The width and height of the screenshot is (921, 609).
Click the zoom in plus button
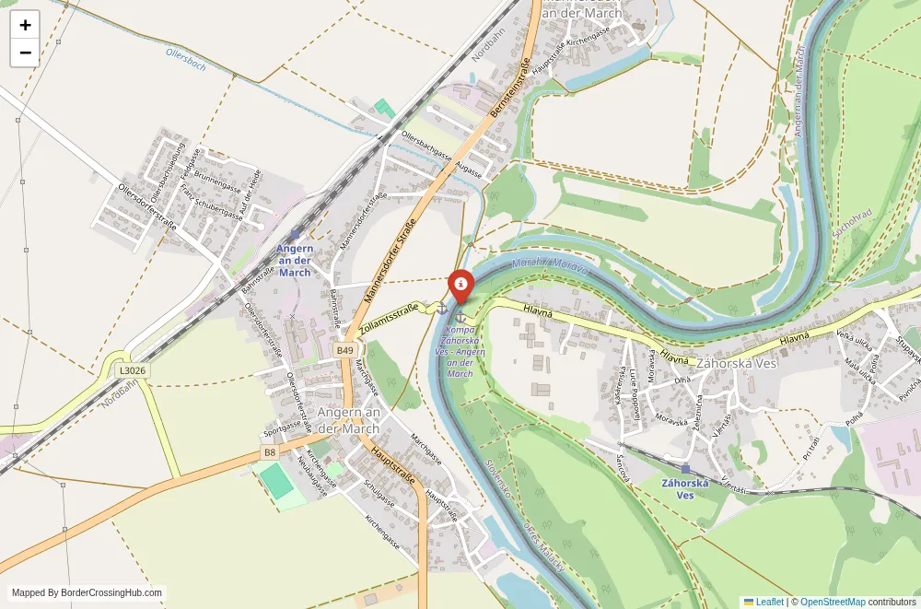[25, 25]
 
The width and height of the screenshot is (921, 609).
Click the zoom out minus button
[25, 53]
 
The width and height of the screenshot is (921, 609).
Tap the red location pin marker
[460, 286]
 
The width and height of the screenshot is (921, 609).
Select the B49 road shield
[344, 350]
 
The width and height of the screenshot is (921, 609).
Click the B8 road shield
[268, 452]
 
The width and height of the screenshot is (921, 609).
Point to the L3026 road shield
[133, 370]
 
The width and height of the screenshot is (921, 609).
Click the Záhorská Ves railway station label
[685, 488]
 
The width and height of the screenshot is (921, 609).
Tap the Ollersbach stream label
[186, 61]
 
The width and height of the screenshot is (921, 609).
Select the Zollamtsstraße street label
[389, 317]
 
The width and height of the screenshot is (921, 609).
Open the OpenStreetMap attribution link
[833, 602]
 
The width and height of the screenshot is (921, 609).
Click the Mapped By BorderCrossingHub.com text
[87, 593]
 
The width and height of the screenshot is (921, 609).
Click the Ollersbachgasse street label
[426, 147]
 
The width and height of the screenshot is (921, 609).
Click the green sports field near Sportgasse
[274, 482]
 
